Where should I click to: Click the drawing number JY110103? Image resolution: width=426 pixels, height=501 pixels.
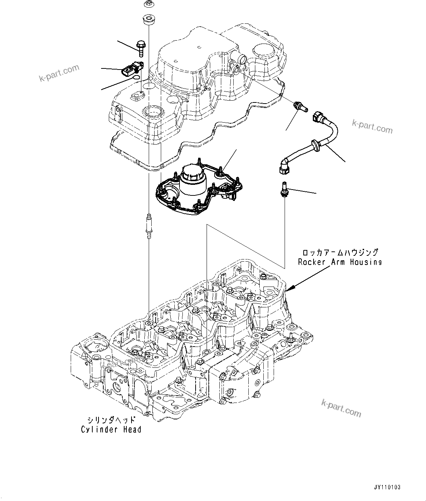pyautogui.click(x=387, y=487)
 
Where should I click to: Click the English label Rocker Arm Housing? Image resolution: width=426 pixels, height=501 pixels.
pyautogui.click(x=340, y=262)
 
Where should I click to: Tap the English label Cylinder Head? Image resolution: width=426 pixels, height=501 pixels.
pyautogui.click(x=111, y=429)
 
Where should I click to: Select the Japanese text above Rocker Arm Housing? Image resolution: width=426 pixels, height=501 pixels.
pyautogui.click(x=340, y=253)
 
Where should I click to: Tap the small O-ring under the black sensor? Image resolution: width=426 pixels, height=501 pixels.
pyautogui.click(x=136, y=77)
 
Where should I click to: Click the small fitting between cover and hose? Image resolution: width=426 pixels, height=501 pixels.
pyautogui.click(x=301, y=107)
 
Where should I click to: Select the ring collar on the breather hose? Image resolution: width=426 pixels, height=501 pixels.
pyautogui.click(x=316, y=146)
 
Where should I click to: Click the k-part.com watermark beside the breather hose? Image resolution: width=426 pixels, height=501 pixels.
pyautogui.click(x=372, y=127)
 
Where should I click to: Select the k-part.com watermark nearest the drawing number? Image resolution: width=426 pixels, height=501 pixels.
pyautogui.click(x=341, y=408)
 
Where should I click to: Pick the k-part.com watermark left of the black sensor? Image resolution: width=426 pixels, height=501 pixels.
pyautogui.click(x=59, y=73)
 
